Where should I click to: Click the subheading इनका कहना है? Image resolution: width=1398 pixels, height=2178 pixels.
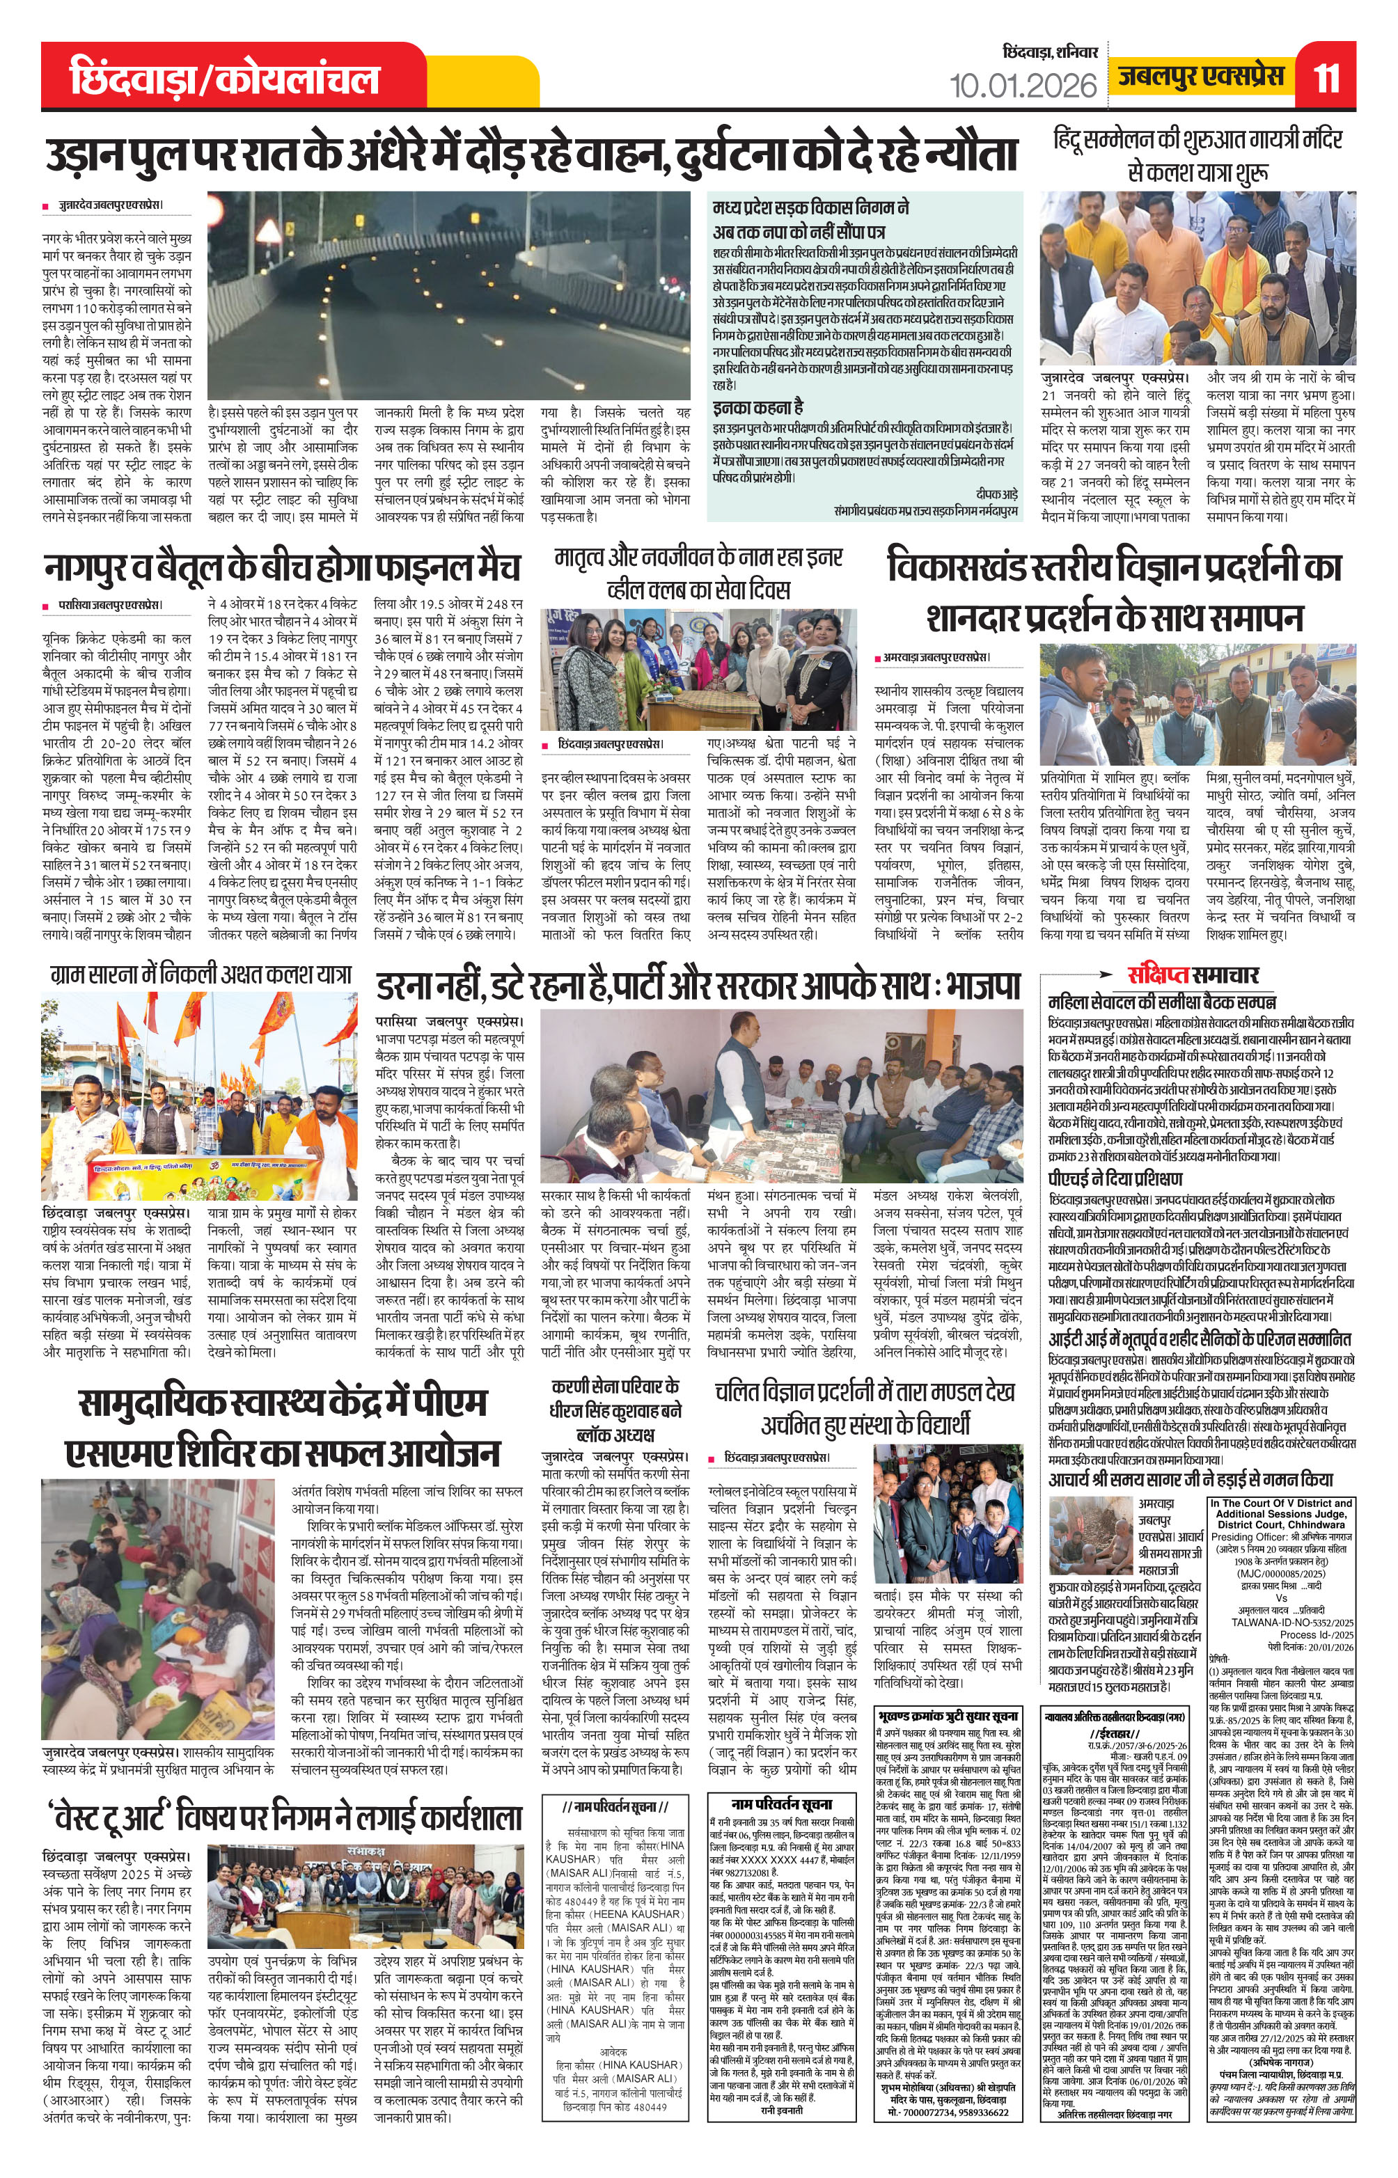pyautogui.click(x=758, y=407)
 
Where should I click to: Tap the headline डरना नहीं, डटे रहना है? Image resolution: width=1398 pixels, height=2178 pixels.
pyautogui.click(x=700, y=986)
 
